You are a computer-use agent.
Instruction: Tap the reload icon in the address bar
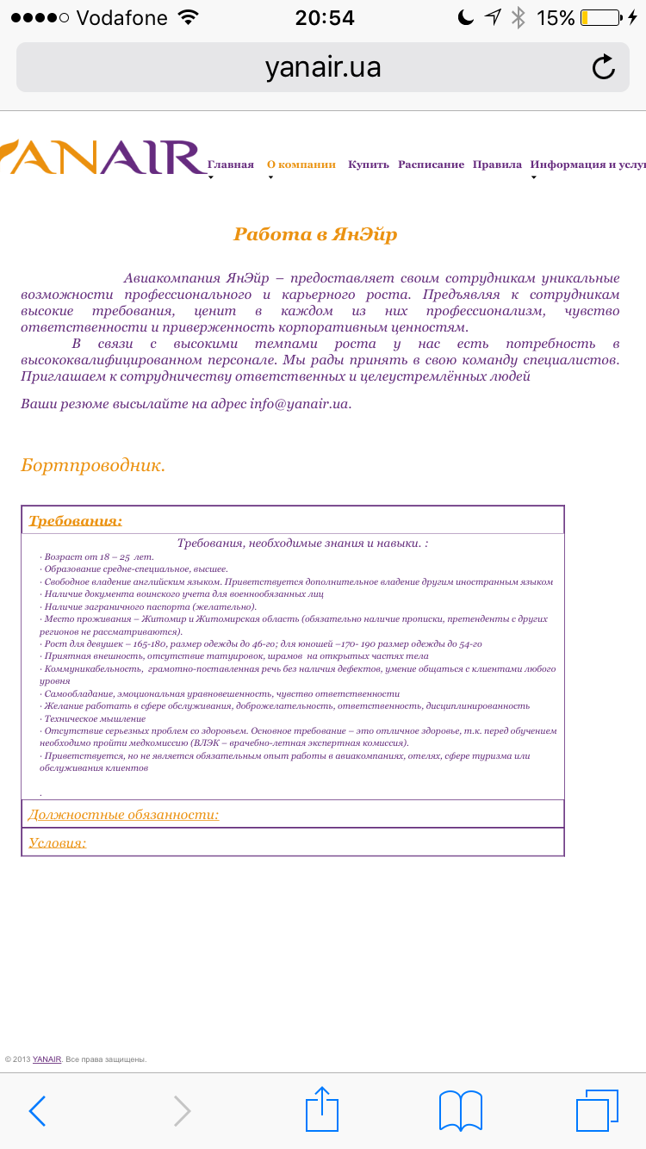604,67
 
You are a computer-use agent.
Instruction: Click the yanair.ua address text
323,67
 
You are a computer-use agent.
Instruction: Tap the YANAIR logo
103,158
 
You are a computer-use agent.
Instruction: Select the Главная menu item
231,165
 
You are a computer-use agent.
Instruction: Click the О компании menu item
301,165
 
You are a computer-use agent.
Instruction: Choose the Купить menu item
369,165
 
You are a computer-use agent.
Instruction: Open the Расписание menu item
431,165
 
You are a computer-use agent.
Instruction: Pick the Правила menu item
497,165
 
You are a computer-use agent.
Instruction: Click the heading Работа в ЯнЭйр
315,234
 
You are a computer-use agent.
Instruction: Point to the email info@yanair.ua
299,403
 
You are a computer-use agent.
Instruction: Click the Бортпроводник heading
93,465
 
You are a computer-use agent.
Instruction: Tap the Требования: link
76,520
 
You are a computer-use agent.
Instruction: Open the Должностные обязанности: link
124,815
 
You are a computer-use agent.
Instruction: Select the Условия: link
58,842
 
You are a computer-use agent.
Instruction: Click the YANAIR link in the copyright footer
47,1059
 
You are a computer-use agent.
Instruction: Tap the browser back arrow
37,1111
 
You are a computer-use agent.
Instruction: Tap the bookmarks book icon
461,1111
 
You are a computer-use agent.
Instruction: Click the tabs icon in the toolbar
597,1111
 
